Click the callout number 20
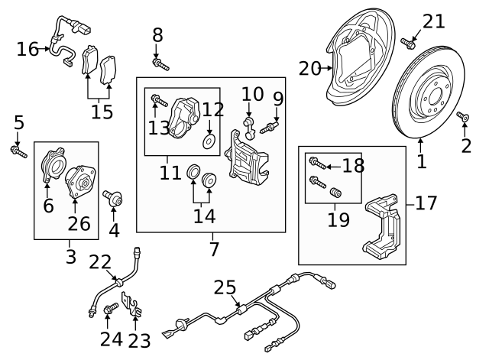coord(309,69)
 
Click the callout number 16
coord(28,50)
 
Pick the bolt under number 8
coord(160,64)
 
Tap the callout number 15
coord(102,112)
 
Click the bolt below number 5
coord(18,151)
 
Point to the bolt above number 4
coord(114,199)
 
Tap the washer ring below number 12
coord(209,143)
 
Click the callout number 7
coord(213,248)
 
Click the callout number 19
coord(338,219)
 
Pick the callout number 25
coord(225,287)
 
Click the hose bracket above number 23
coord(137,308)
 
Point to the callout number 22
coord(100,262)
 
